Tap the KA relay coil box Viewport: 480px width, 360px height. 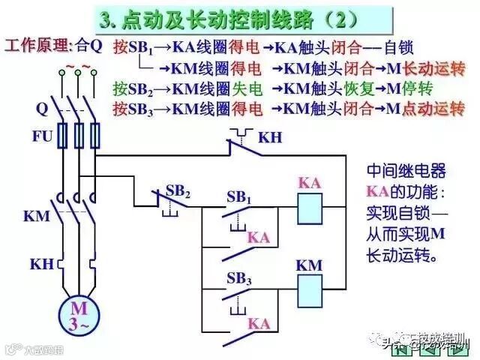310,207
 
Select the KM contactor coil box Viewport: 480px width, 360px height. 310,288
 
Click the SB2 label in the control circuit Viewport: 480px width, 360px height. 178,191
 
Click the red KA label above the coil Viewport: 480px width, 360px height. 310,182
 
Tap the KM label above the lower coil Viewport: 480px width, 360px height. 308,265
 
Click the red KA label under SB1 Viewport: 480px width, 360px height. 258,237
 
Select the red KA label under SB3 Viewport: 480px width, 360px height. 258,323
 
